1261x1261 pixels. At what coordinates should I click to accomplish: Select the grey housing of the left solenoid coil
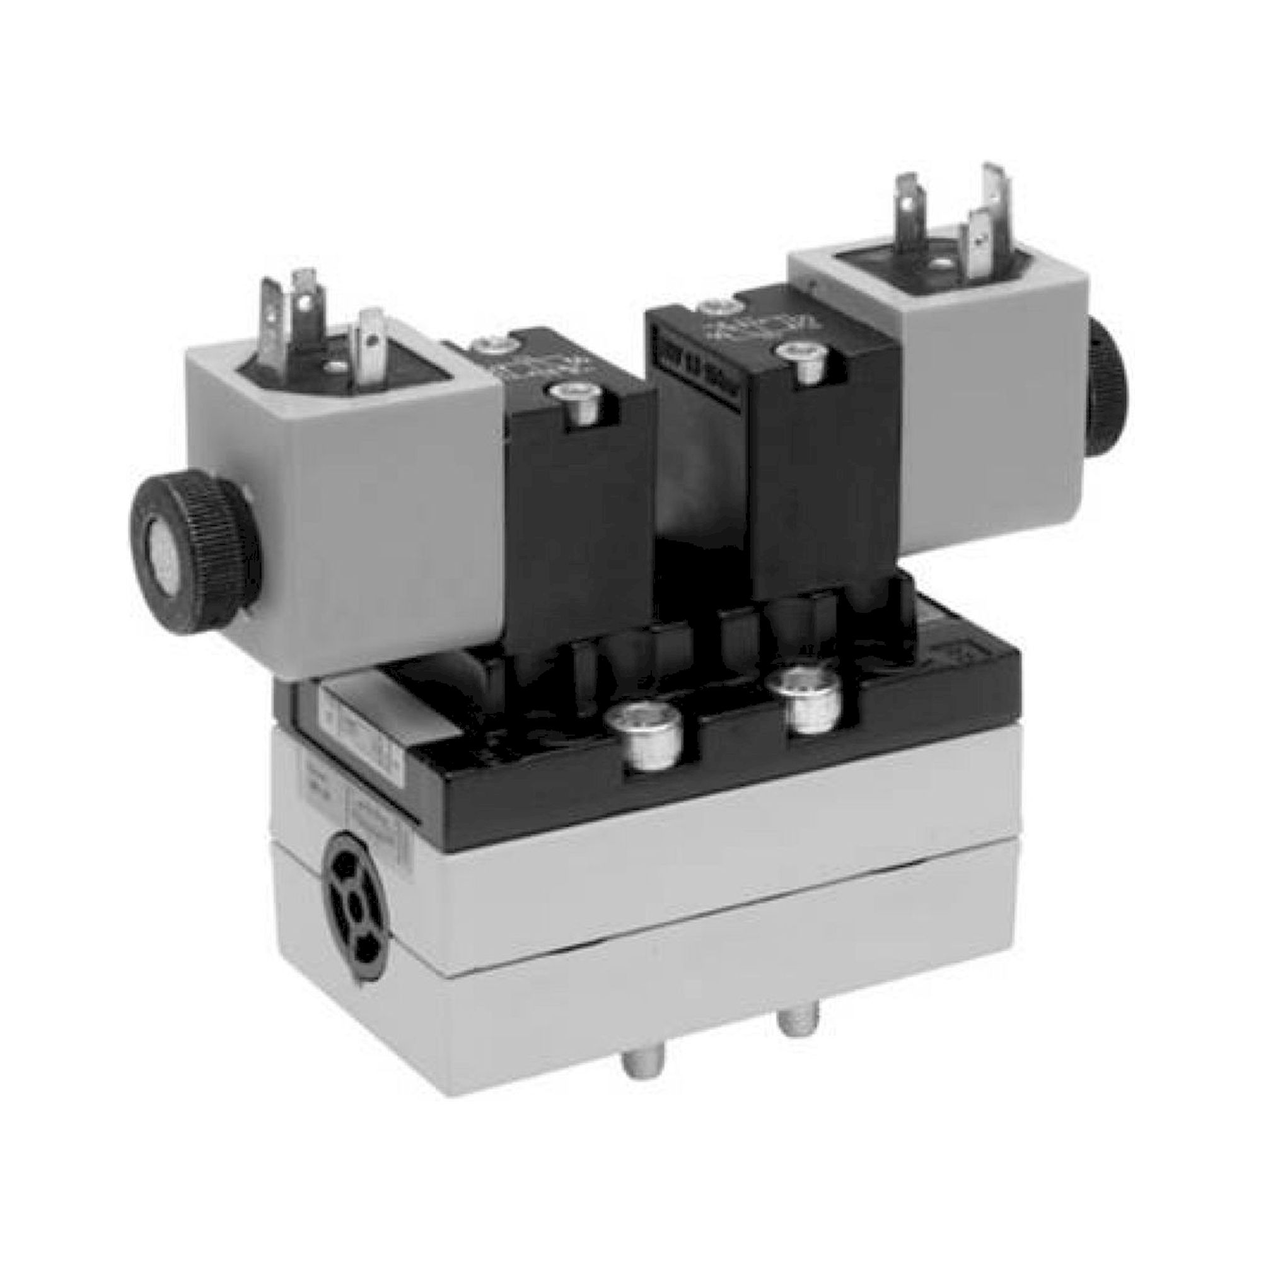(339, 496)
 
